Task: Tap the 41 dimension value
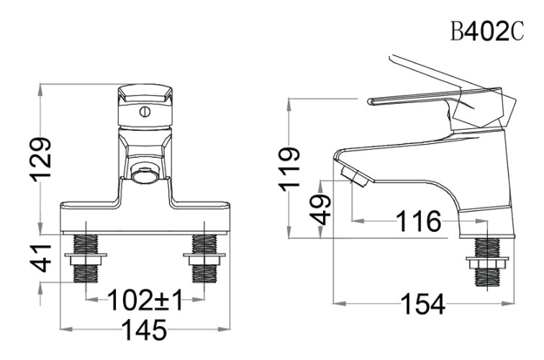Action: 45,258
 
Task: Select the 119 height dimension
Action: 290,168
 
